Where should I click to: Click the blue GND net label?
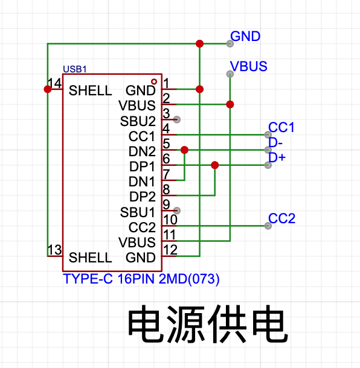[245, 36]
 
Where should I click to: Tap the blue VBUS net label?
[249, 66]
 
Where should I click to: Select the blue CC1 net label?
[281, 127]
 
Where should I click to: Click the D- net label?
[275, 142]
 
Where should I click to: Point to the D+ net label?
[277, 157]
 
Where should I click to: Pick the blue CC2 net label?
[281, 218]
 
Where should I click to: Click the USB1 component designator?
[75, 69]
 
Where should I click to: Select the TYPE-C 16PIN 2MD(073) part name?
[141, 279]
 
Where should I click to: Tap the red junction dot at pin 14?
[48, 89]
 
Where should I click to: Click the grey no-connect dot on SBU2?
[177, 119]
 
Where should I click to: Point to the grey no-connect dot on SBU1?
[177, 211]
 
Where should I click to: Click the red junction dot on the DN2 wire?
[184, 150]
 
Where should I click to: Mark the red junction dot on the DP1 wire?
[215, 165]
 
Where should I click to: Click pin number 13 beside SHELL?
[55, 250]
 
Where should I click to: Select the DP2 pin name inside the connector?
[143, 197]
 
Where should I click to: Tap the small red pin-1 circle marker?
[154, 81]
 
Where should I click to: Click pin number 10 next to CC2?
[170, 220]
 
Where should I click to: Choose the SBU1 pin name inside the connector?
[138, 212]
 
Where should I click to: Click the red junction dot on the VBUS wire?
[230, 104]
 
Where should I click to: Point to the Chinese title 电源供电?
[208, 324]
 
